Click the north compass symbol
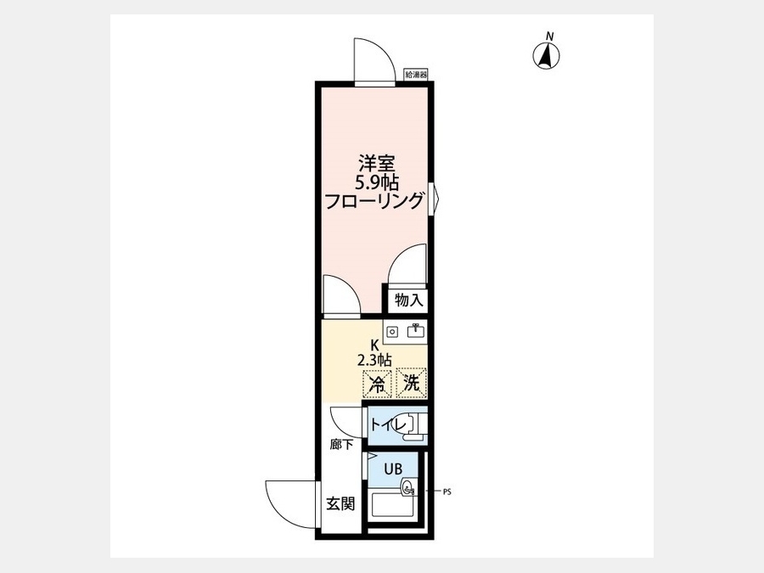[x=546, y=55]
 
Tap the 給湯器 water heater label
[x=416, y=75]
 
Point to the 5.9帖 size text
[x=376, y=183]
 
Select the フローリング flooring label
[x=374, y=200]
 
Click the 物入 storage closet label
[x=409, y=301]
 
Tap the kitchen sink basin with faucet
[x=416, y=331]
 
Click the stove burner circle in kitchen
[x=392, y=332]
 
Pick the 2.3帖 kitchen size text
[x=374, y=360]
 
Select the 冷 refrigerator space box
[x=377, y=384]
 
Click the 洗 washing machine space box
[x=411, y=383]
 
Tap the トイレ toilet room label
[x=388, y=425]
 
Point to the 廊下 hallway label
[x=340, y=444]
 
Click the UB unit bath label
[x=393, y=469]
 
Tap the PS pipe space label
[x=447, y=492]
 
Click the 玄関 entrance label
[x=340, y=503]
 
